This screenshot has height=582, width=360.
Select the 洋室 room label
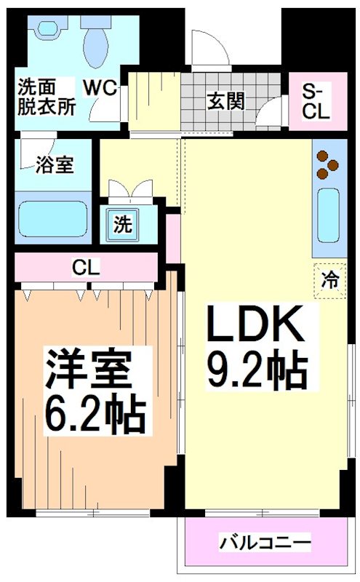89,370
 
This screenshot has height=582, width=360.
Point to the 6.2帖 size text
95,412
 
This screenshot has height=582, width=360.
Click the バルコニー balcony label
265,543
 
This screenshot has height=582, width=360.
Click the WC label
100,87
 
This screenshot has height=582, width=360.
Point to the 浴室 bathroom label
55,164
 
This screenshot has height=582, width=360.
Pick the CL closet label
85,267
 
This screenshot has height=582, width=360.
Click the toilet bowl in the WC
95,40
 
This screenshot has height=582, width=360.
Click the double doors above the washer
132,190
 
